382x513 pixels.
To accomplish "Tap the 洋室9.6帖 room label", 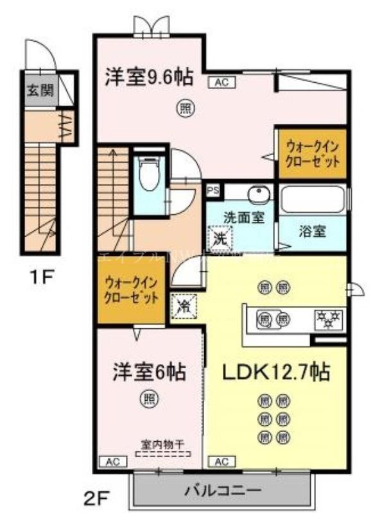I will pos(149,78).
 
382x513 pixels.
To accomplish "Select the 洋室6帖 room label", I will pos(150,371).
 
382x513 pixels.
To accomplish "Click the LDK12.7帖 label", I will pos(277,371).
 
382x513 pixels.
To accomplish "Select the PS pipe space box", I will pos(213,190).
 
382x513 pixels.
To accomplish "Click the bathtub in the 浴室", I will pos(313,200).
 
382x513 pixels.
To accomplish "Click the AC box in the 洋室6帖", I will pos(110,461).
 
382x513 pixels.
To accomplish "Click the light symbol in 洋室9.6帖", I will pos(185,109).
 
